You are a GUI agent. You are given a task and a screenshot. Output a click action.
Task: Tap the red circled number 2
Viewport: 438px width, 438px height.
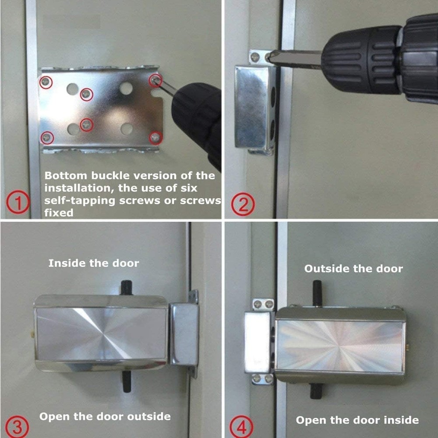243,205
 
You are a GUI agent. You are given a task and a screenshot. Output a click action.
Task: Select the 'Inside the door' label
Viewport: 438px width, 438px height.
93,263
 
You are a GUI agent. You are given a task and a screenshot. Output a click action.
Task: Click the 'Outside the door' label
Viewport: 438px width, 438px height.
353,268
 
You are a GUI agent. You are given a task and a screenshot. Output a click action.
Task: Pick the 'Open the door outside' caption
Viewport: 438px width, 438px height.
105,416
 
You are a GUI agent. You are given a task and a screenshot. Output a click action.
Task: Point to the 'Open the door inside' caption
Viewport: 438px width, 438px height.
357,420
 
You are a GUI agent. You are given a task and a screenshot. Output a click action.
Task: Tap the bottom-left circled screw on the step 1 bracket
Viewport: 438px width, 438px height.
46,138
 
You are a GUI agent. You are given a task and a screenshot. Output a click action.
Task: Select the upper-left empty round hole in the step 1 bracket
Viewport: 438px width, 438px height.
72,89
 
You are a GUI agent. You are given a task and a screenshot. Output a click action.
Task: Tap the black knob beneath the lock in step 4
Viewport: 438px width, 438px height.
316,390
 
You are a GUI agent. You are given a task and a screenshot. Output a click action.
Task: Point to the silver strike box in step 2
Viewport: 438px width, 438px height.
254,107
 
